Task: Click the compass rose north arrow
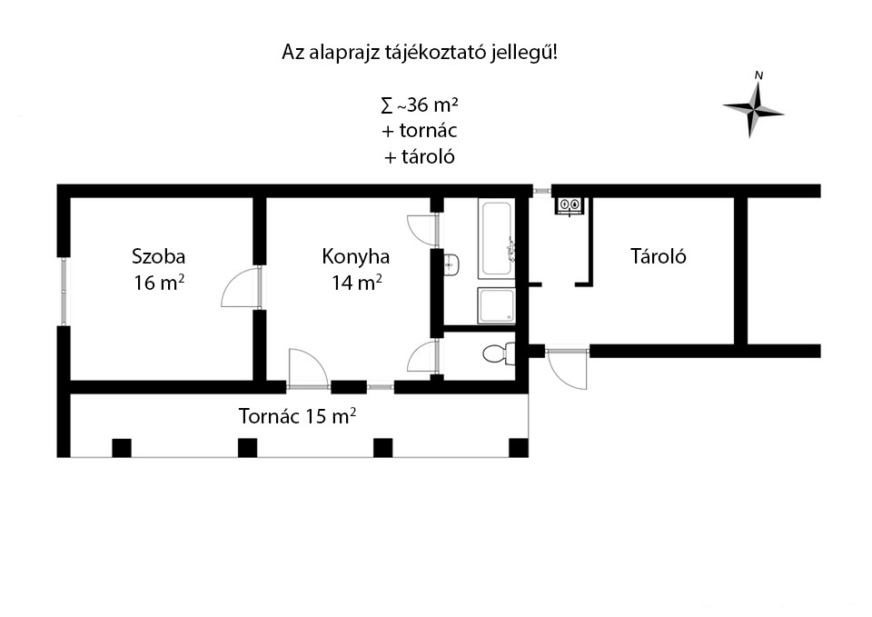point(754,106)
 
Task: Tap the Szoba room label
point(158,256)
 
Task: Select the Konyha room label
point(355,256)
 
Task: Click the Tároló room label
point(658,256)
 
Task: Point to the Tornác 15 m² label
point(298,415)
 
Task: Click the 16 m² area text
point(158,283)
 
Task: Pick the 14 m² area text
point(356,283)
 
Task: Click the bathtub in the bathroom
point(497,239)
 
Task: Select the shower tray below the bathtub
point(497,305)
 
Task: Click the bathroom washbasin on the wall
point(451,264)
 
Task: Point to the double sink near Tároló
point(570,205)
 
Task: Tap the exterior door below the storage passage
point(567,368)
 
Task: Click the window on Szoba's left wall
point(64,291)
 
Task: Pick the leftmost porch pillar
point(122,448)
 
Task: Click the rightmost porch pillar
point(519,448)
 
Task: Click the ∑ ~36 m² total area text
point(420,104)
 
